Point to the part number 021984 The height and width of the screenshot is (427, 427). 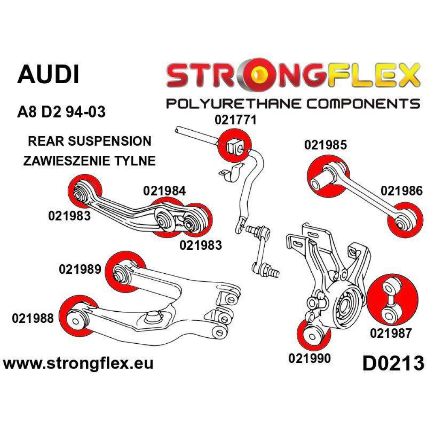[x=165, y=191]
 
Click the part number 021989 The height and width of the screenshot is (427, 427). [x=80, y=269]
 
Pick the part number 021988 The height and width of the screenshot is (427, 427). [x=33, y=318]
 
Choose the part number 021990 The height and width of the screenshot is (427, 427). [x=310, y=359]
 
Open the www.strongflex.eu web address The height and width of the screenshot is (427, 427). [x=78, y=364]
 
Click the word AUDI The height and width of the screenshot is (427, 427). [x=48, y=74]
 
